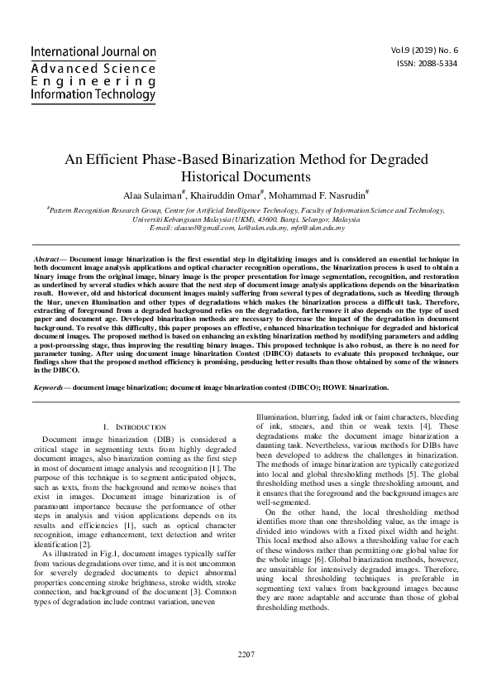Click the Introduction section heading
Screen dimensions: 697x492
(138, 426)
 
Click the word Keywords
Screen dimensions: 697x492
(47, 387)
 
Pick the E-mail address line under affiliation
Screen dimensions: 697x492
(246, 227)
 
